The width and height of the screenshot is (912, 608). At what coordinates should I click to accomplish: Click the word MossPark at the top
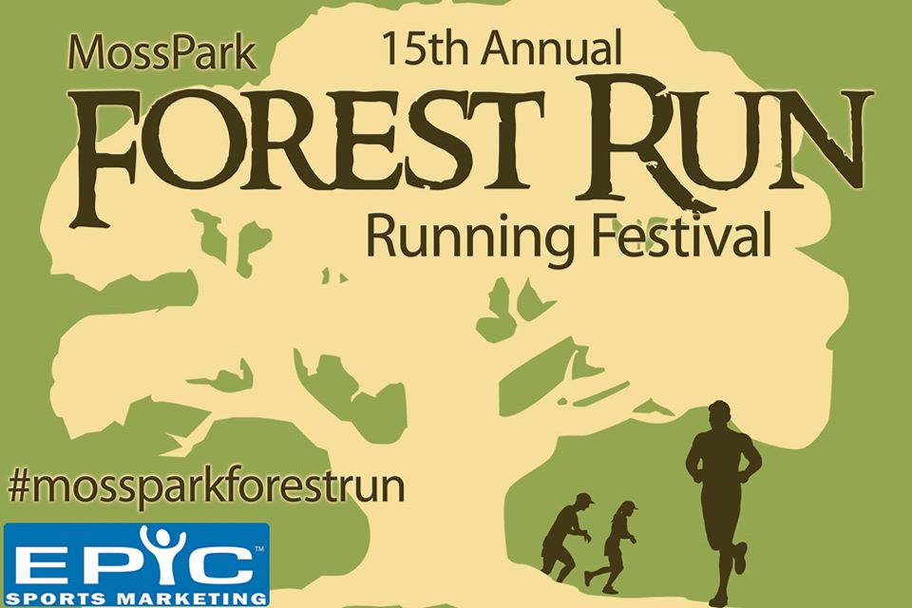pos(161,53)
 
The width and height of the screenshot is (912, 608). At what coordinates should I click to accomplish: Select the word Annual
pos(551,47)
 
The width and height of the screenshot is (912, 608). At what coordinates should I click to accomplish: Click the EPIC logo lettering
pos(138,558)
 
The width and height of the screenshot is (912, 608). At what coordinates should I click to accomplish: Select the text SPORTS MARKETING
pos(137,598)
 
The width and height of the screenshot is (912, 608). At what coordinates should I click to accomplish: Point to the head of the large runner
pos(720,417)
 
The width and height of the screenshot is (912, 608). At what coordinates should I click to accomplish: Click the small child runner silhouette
pos(612,545)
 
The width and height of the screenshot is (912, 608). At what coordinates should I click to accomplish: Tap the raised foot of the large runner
pos(740,558)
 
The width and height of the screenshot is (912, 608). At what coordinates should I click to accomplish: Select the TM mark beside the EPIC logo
pos(259,548)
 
